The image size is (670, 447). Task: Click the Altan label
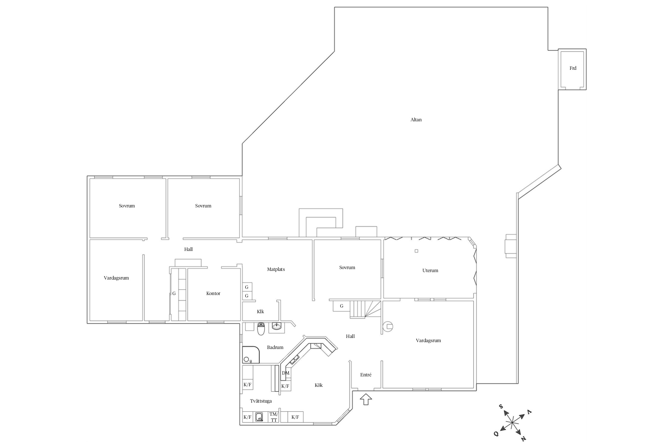click(x=416, y=120)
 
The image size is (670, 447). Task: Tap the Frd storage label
click(x=573, y=68)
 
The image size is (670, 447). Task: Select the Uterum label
click(x=430, y=271)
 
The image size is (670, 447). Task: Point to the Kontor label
click(x=213, y=294)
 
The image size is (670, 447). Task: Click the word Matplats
click(x=276, y=269)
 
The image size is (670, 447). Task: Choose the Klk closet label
click(x=261, y=312)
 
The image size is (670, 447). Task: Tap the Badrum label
click(x=275, y=347)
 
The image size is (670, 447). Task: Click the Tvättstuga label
click(x=261, y=401)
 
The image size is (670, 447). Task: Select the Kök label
click(x=319, y=385)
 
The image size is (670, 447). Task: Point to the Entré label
click(x=366, y=375)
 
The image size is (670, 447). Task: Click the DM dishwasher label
click(x=286, y=373)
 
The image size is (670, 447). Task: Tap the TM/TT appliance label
click(x=274, y=417)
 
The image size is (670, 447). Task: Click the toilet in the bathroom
click(x=261, y=329)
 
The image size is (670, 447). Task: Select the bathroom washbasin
click(x=277, y=326)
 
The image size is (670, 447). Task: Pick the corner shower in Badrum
click(x=251, y=355)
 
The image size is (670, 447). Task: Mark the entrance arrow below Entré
click(x=366, y=399)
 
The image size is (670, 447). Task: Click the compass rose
click(x=512, y=423)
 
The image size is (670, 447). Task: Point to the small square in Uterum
click(x=416, y=251)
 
